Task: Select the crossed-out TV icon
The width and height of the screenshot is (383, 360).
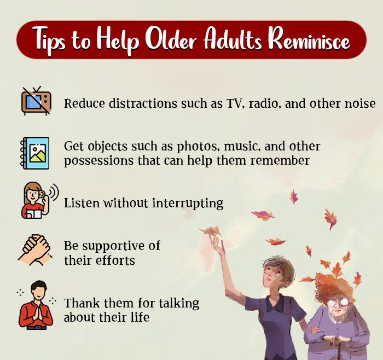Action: tap(36, 101)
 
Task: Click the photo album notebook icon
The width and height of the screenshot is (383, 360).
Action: tap(36, 152)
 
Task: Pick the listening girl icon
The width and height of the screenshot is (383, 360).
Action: tap(34, 201)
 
